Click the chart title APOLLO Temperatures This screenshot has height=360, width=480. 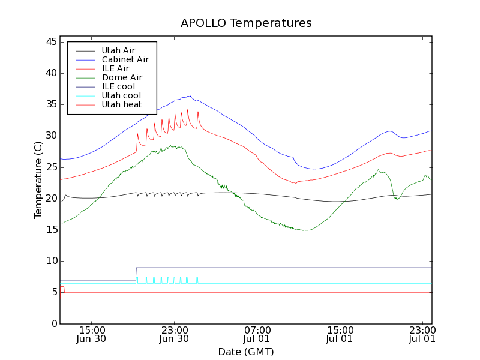pyautogui.click(x=246, y=23)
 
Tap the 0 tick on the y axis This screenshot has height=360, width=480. pyautogui.click(x=54, y=323)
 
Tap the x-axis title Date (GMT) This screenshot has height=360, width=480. pyautogui.click(x=246, y=352)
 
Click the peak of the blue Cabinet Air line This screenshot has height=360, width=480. pyautogui.click(x=190, y=96)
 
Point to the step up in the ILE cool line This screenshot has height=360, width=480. pyautogui.click(x=136, y=274)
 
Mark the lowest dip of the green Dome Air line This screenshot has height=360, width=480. pyautogui.click(x=306, y=230)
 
